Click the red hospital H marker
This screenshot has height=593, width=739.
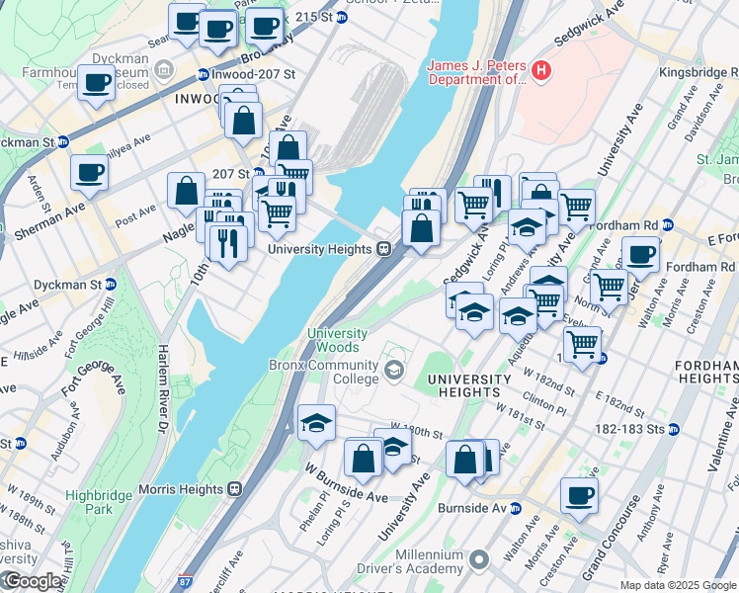540,70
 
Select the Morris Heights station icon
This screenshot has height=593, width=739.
235,488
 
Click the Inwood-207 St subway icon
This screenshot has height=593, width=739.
203,75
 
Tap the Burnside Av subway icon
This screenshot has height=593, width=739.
515,508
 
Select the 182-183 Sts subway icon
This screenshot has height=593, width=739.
674,430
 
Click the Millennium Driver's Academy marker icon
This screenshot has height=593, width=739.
479,560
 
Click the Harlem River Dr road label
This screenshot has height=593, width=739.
161,389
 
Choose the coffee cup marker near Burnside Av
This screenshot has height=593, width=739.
579,495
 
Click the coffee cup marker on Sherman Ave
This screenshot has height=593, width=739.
89,175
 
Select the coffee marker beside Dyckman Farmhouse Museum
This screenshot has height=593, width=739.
96,84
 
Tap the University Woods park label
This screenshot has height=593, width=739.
337,341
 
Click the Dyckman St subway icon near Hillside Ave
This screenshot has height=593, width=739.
111,285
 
